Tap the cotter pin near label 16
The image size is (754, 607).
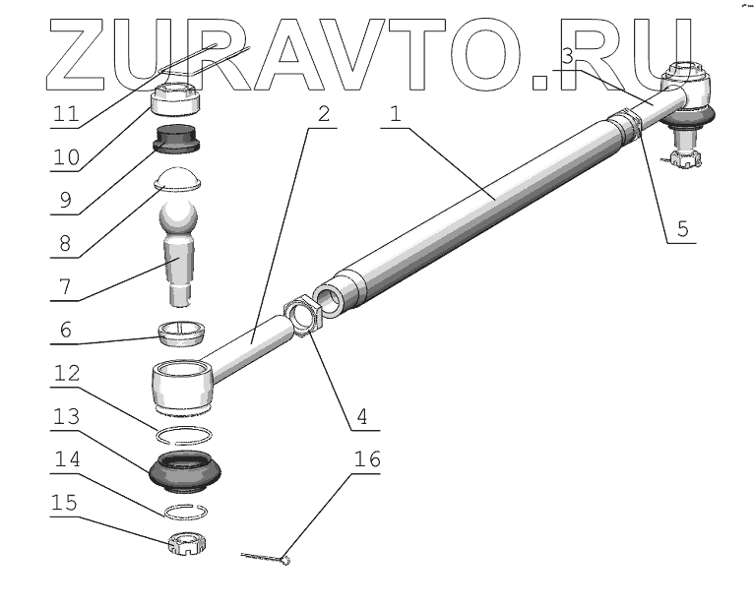(266, 558)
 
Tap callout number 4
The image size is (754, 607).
(361, 416)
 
